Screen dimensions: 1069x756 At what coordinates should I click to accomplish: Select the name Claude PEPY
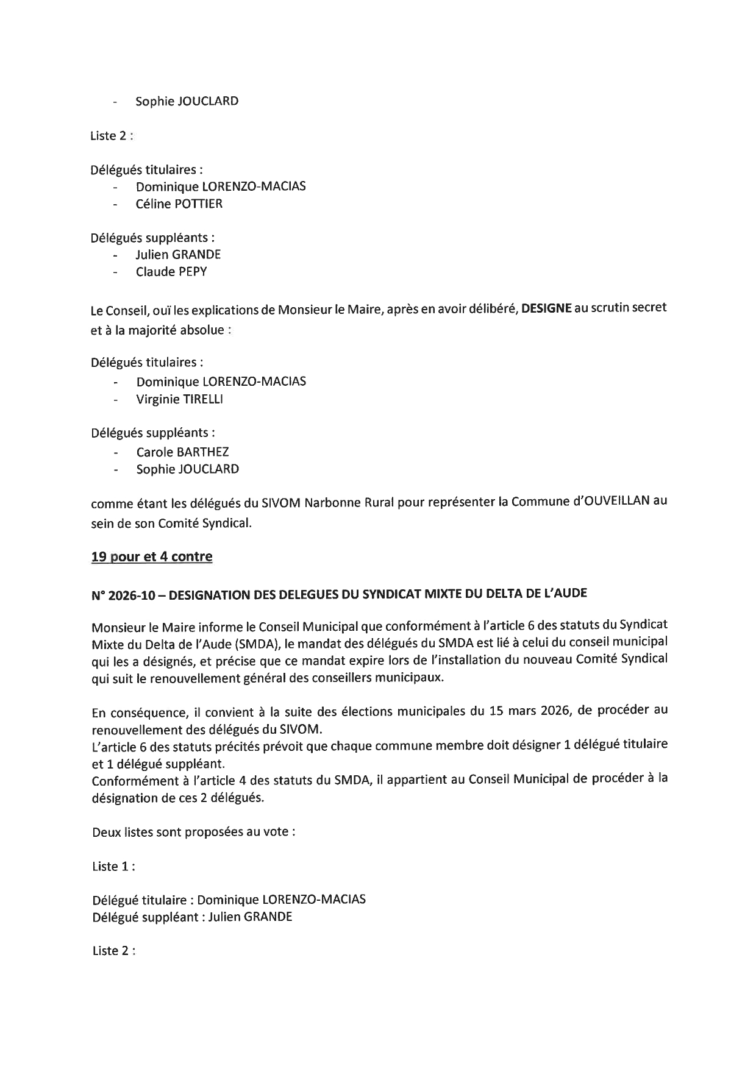(x=171, y=272)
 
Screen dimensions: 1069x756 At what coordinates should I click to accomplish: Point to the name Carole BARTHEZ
(x=182, y=452)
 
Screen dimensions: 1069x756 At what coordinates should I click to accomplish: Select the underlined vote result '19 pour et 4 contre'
(x=152, y=556)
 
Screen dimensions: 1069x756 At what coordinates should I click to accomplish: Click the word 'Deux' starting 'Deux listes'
(x=106, y=832)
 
